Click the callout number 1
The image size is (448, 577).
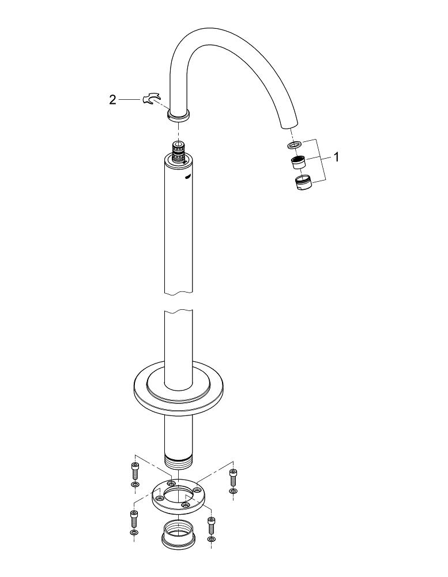(336, 157)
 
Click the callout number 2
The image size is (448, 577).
(112, 99)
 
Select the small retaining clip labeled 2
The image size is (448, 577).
(152, 99)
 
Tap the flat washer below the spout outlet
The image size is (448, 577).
(295, 144)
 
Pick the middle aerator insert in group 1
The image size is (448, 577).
(299, 162)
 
